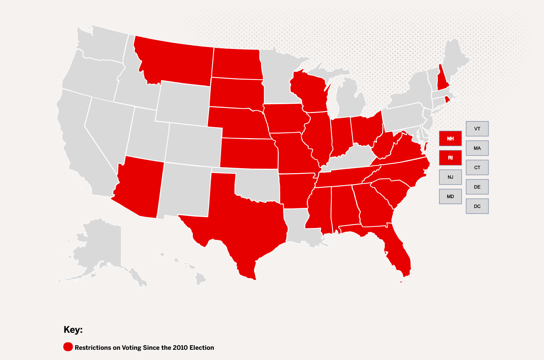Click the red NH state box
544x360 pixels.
pyautogui.click(x=450, y=138)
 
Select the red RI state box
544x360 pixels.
pyautogui.click(x=450, y=158)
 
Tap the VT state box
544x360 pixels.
pyautogui.click(x=477, y=129)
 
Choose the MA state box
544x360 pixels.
pyautogui.click(x=477, y=148)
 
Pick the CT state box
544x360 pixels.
pyautogui.click(x=477, y=167)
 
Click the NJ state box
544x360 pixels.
pyautogui.click(x=450, y=177)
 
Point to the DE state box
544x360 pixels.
pyautogui.click(x=477, y=187)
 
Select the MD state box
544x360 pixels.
pyautogui.click(x=450, y=196)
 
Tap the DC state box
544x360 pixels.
pyautogui.click(x=477, y=206)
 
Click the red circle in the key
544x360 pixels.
pyautogui.click(x=68, y=347)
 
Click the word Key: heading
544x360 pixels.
pyautogui.click(x=73, y=330)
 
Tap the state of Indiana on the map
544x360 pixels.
pyautogui.click(x=340, y=136)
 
